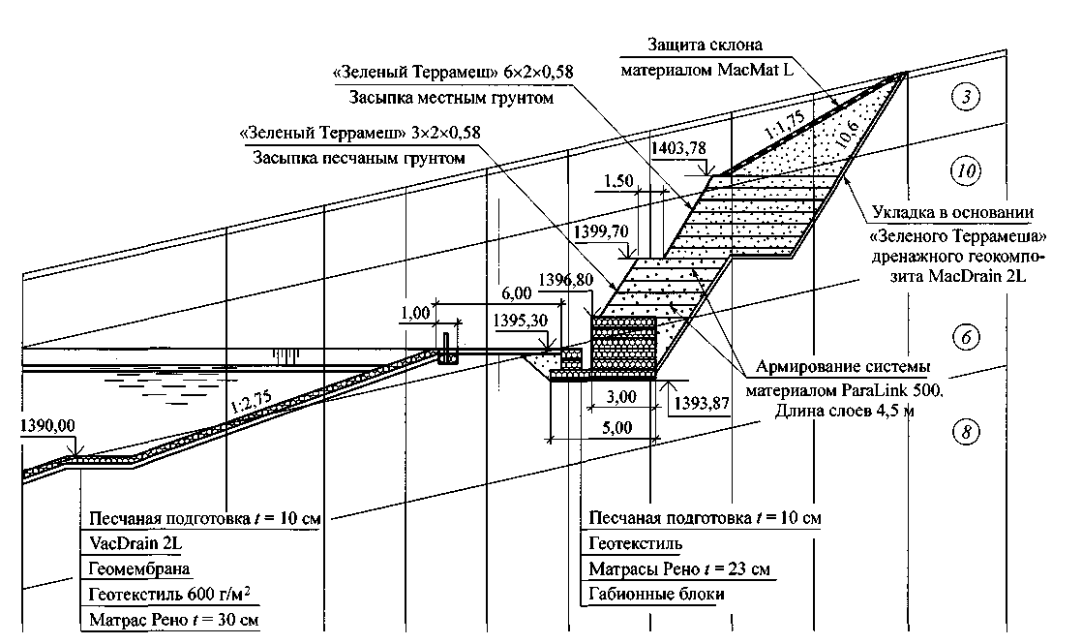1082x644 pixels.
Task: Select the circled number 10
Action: click(x=966, y=172)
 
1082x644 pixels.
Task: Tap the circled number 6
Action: click(x=966, y=337)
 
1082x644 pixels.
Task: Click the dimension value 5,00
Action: click(x=616, y=427)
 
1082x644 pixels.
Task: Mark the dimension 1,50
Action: click(x=618, y=181)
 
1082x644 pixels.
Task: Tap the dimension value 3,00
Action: click(x=620, y=397)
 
